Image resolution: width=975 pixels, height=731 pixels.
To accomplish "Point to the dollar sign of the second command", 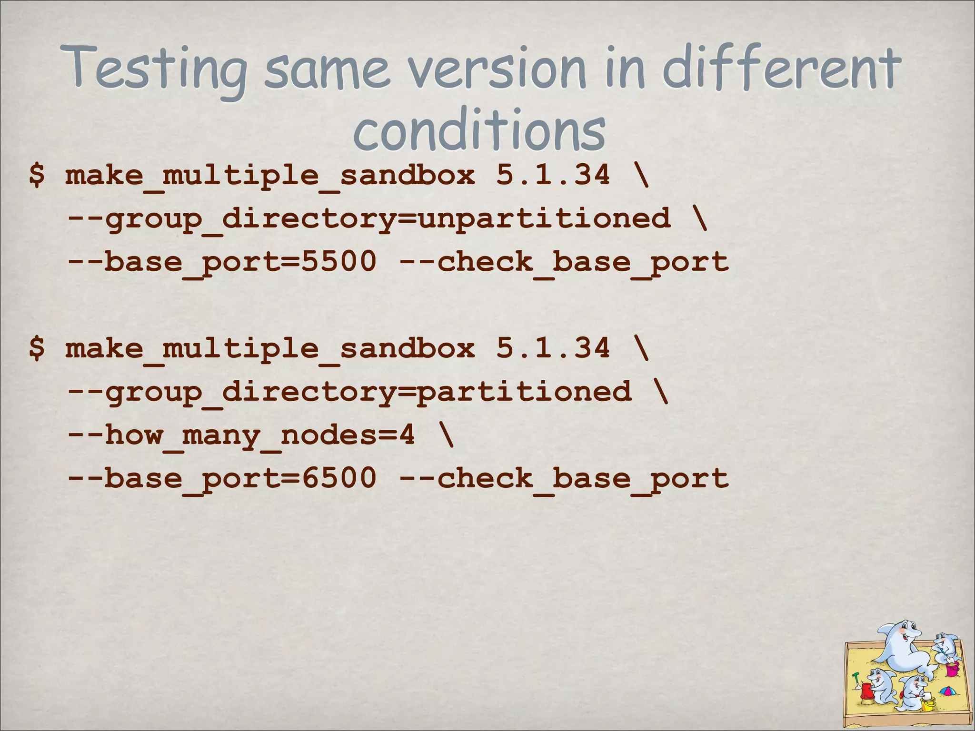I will click(37, 347).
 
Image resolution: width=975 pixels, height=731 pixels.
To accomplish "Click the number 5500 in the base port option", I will click(339, 261).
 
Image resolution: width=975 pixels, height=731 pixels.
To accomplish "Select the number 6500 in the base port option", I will click(339, 478).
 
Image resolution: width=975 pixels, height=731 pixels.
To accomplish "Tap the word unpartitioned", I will click(544, 218).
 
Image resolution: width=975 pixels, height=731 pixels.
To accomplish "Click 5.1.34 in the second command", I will click(553, 347).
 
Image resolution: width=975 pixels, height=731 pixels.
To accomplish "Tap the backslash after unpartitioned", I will click(699, 218).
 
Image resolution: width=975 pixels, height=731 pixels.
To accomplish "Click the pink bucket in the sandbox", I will click(952, 668).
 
